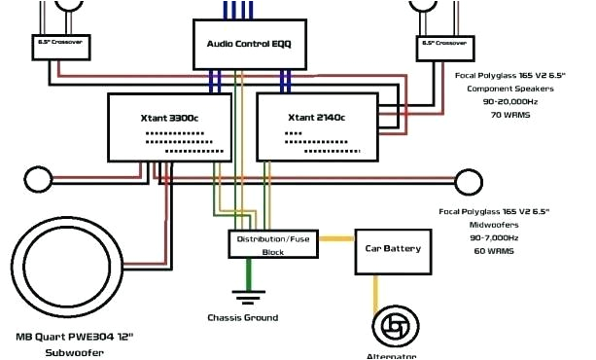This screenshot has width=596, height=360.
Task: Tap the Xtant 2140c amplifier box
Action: click(316, 127)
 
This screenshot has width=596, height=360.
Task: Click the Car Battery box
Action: click(392, 249)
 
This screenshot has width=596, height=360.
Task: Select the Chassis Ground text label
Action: click(242, 317)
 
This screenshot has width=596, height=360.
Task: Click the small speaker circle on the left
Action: click(37, 181)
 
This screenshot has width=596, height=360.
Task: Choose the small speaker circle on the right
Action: click(469, 181)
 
